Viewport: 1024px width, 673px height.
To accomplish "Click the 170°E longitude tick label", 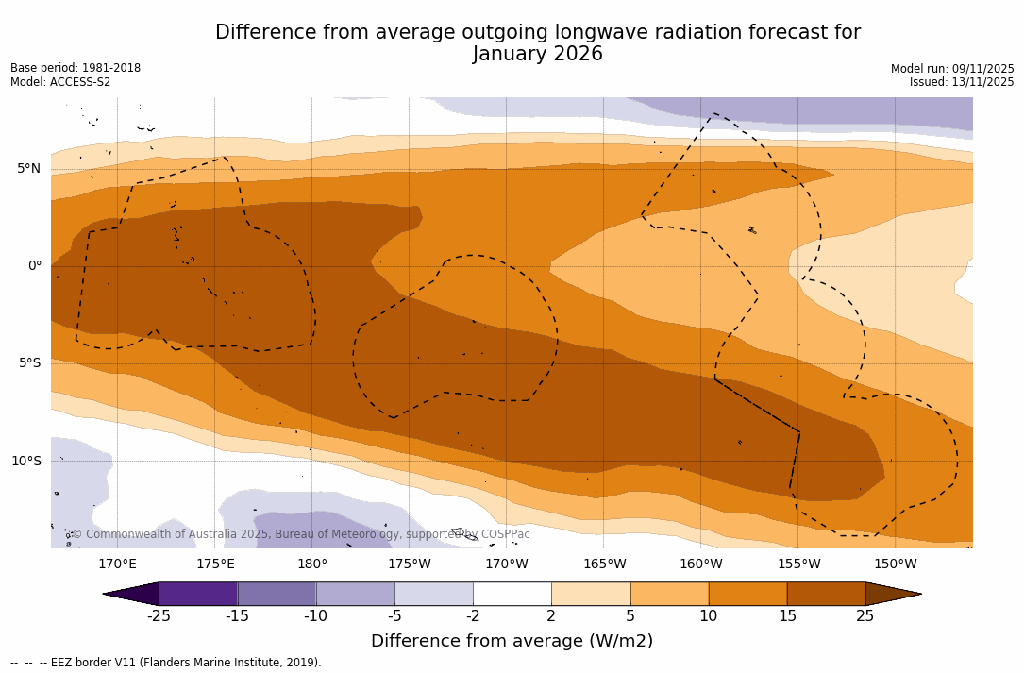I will point(117,564).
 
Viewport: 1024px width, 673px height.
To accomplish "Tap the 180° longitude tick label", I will point(312,564).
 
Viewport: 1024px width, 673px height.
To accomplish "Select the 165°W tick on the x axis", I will point(604,564).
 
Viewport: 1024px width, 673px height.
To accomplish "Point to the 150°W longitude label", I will point(895,564).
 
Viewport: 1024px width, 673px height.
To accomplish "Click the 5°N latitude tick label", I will point(29,169).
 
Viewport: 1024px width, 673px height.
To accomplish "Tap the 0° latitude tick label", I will point(34,266).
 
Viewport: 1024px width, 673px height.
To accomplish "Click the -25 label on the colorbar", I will point(159,616).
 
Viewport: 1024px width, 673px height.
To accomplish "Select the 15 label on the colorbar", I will point(786,616).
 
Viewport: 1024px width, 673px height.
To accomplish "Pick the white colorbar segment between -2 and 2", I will point(512,594).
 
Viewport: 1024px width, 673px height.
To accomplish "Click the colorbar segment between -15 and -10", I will point(277,594).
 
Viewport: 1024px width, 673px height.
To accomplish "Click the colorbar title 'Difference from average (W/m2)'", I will point(512,642).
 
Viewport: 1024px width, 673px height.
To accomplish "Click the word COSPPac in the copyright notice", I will point(506,534).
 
